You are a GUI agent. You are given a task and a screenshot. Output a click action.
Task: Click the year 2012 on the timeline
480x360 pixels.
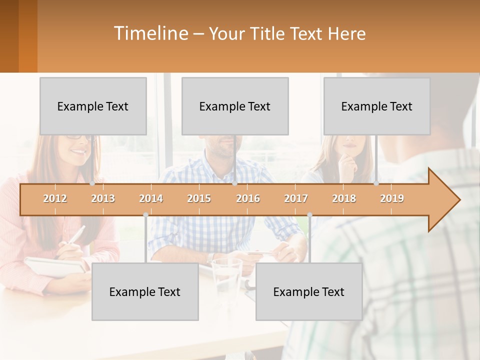coord(55,198)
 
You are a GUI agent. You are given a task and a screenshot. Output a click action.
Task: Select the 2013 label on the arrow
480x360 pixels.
coord(103,198)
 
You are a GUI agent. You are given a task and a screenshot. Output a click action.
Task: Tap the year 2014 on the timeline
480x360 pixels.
coord(151,198)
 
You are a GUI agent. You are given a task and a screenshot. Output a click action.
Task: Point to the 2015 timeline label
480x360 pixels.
coord(199,198)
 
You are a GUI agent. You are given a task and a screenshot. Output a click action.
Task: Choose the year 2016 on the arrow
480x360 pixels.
coord(248,198)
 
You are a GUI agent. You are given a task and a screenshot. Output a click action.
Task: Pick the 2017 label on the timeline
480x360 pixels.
coord(296,198)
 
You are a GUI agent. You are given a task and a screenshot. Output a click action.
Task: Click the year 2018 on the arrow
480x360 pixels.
coord(344,198)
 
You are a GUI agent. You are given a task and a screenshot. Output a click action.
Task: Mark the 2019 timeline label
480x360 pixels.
coord(392,198)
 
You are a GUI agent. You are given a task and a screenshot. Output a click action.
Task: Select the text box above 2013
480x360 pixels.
coord(93,106)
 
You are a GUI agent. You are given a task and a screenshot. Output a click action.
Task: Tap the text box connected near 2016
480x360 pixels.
coord(235,106)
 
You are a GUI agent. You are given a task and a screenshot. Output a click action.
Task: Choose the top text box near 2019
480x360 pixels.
coord(377,106)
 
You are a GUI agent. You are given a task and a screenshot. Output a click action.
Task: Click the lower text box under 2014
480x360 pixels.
coord(145,291)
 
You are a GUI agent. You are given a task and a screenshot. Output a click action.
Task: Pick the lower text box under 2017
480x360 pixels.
coord(309,291)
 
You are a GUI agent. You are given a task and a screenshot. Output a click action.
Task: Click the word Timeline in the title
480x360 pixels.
coord(150,33)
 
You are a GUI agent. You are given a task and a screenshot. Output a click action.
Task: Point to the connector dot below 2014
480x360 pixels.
coord(145,215)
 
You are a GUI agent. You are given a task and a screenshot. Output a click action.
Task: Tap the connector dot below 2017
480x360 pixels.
coord(309,215)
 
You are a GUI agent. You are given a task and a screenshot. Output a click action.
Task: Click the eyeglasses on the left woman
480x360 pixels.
coord(80,137)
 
